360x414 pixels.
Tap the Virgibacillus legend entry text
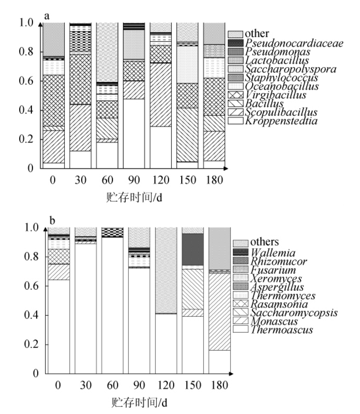coord(276,95)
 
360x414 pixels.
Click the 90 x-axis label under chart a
coord(134,181)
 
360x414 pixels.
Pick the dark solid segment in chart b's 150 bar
coord(193,249)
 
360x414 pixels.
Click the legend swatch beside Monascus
coord(240,321)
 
